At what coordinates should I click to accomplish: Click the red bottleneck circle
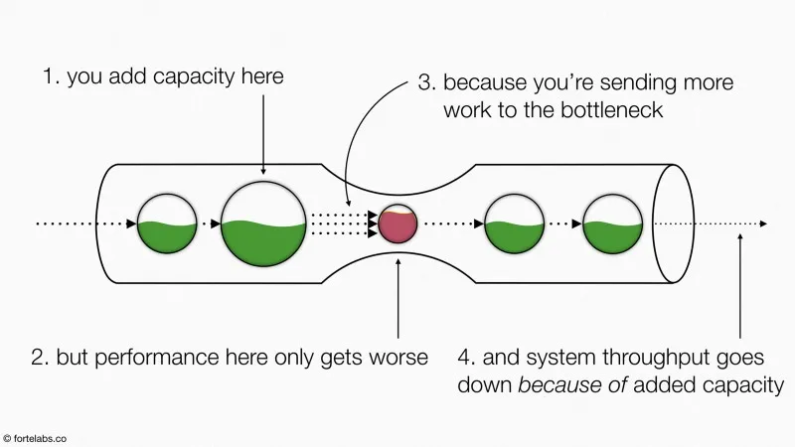tap(397, 224)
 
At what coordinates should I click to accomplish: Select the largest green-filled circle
tap(262, 223)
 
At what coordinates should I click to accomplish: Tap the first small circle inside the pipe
tap(167, 223)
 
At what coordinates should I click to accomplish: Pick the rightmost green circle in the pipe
tap(612, 223)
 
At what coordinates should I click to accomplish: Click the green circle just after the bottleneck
tap(514, 223)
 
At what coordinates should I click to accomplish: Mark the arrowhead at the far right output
tap(762, 224)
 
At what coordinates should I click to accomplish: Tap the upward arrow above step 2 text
tap(397, 298)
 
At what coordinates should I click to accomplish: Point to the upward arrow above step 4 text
tap(740, 288)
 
